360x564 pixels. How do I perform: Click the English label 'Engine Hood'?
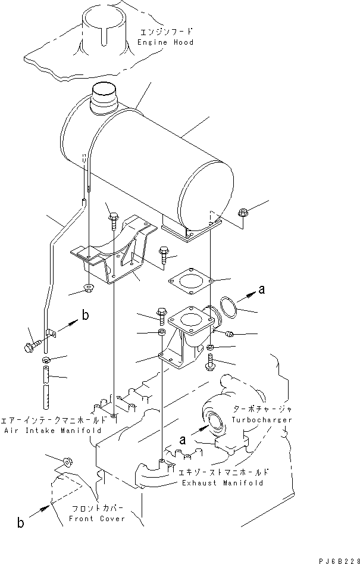165,43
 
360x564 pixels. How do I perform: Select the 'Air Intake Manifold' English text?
52,429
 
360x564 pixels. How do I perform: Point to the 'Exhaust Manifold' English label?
223,483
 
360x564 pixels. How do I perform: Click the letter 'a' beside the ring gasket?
261,291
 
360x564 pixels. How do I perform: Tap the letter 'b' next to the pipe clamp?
86,316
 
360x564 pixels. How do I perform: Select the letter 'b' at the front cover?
21,524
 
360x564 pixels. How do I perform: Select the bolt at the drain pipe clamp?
35,345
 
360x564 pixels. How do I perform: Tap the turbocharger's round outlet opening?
213,420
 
